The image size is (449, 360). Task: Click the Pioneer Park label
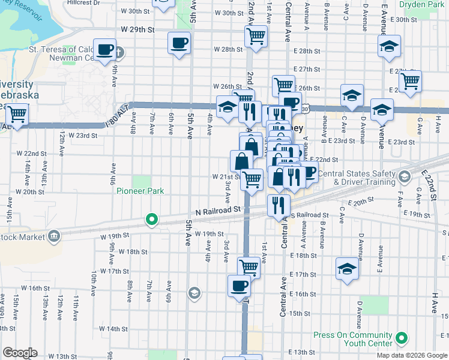140,191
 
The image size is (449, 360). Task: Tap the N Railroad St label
218,210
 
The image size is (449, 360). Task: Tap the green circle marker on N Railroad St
152,220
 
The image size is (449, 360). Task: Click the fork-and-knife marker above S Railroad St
277,205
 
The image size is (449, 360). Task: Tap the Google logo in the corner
20,353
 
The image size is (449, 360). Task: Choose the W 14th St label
106,329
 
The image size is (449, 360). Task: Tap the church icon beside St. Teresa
118,52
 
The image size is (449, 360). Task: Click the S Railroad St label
309,215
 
